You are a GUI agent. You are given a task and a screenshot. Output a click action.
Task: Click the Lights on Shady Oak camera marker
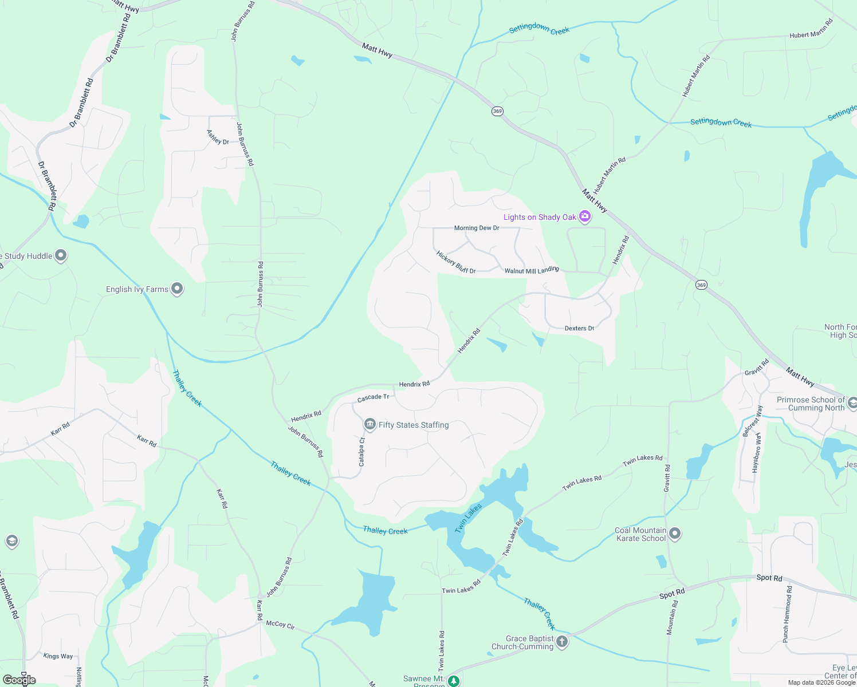pos(585,216)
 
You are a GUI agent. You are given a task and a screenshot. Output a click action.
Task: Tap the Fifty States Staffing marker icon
pos(369,424)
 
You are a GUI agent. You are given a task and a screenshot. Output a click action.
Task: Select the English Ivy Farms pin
pos(177,289)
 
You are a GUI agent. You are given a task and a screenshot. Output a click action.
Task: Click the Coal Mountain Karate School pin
pos(675,534)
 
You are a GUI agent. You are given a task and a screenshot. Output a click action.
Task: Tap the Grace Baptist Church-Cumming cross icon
pos(562,641)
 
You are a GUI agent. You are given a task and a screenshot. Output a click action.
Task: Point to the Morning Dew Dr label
pos(477,228)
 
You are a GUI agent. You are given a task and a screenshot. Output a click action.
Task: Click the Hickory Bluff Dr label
pos(456,262)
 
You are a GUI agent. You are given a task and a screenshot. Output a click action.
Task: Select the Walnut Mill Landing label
pos(532,270)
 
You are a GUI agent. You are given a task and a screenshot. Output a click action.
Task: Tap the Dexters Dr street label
pos(579,329)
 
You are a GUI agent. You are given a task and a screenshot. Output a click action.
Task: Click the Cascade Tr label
pos(373,397)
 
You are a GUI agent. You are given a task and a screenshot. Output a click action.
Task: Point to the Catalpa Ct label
pos(361,452)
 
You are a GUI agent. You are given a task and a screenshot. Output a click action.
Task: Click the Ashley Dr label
pos(218,137)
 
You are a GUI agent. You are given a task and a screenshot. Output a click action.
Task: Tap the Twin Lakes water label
pos(468,519)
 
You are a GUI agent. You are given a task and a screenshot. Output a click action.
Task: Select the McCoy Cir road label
pos(281,625)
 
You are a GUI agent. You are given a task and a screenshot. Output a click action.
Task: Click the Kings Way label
pos(58,656)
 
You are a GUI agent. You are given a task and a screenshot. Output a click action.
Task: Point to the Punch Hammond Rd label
pos(788,614)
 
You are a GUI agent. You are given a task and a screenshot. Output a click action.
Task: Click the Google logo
pos(19,680)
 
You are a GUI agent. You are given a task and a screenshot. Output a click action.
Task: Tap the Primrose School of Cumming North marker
pos(852,403)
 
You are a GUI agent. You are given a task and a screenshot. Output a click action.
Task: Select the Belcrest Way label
pos(752,421)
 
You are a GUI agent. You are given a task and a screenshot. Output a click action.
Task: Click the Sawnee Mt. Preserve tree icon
pos(454,681)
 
